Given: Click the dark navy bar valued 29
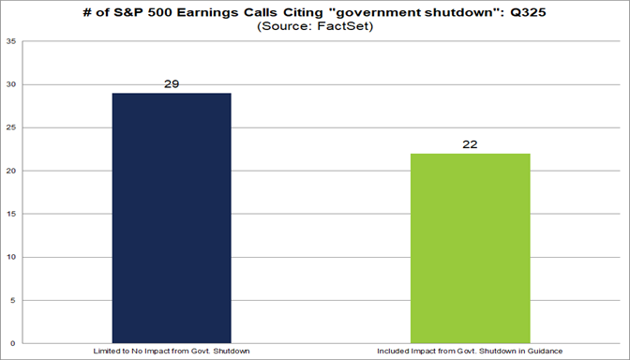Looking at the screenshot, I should [x=171, y=217].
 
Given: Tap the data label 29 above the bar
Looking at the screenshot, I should [x=171, y=84].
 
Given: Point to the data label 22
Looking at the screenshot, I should [x=470, y=144].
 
